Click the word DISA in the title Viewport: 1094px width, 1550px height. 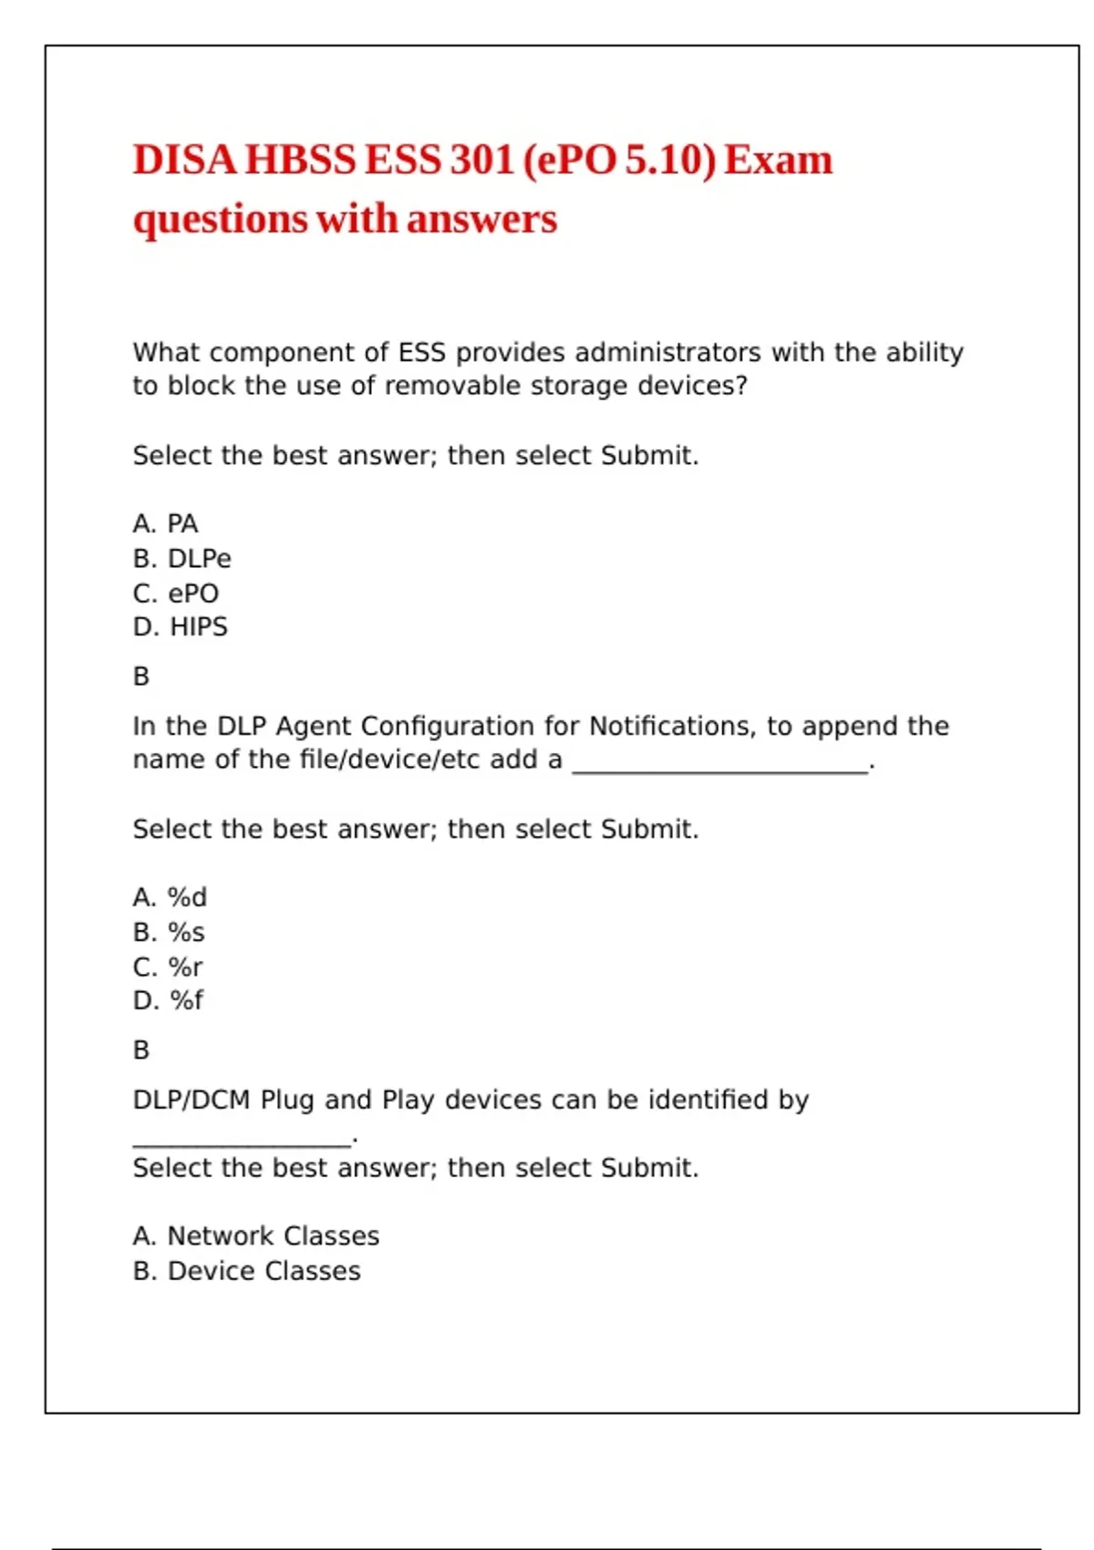184,160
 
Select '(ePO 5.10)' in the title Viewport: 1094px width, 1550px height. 620,160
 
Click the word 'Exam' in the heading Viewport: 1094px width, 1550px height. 779,160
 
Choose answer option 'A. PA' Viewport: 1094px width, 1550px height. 165,523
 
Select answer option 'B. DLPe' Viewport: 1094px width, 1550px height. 181,558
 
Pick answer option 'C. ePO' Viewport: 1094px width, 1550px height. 176,594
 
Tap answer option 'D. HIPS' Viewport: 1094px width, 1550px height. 180,627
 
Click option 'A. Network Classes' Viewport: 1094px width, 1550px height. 255,1236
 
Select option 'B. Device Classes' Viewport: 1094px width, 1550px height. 246,1271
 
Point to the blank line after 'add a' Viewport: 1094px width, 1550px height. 720,770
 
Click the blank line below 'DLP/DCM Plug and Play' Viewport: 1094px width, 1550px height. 242,1143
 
